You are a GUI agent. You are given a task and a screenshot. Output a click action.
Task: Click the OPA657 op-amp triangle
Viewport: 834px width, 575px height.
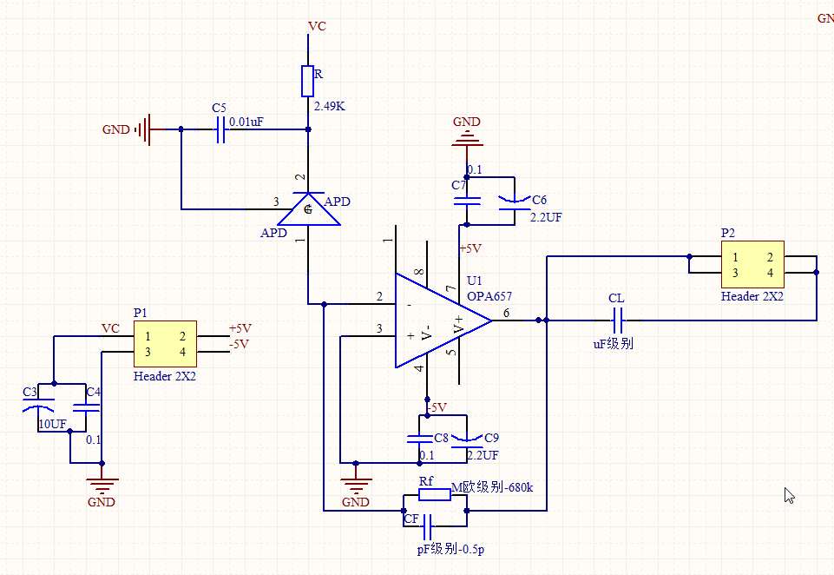click(438, 320)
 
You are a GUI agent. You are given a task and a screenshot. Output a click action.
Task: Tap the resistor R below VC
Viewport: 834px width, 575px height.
click(306, 81)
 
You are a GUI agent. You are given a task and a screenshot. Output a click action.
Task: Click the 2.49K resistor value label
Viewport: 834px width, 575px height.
click(330, 106)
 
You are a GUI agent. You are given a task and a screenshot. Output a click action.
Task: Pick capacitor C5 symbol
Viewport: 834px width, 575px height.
click(220, 129)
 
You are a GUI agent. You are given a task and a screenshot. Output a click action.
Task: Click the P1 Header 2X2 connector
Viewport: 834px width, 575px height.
click(165, 343)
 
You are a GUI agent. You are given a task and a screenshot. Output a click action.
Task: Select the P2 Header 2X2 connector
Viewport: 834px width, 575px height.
click(752, 265)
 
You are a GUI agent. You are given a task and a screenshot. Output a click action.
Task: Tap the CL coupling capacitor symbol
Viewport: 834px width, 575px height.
click(616, 320)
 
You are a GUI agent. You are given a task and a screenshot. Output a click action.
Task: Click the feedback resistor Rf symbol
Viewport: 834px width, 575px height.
click(433, 494)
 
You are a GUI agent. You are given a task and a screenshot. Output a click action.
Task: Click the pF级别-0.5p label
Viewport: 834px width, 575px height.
click(451, 549)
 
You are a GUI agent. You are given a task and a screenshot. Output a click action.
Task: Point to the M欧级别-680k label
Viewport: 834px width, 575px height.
click(492, 487)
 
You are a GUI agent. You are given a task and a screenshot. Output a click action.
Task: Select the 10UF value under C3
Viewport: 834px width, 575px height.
click(52, 424)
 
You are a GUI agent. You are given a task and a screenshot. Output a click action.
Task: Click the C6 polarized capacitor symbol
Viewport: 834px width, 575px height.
click(514, 202)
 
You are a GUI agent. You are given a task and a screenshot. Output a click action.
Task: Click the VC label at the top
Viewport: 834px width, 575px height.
click(318, 26)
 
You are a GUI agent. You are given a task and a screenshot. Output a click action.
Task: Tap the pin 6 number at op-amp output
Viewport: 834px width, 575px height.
click(506, 312)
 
